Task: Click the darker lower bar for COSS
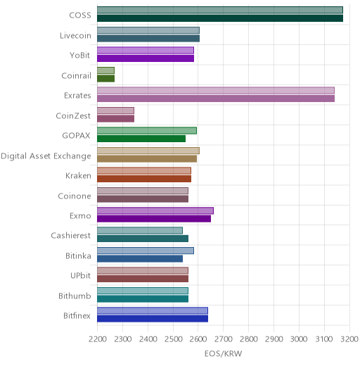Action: point(220,18)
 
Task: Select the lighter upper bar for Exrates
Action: point(216,90)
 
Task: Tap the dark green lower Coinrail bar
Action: point(106,79)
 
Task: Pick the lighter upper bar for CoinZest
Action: point(116,111)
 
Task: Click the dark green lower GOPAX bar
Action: point(141,139)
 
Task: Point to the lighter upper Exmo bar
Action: point(155,210)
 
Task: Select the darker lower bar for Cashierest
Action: point(143,239)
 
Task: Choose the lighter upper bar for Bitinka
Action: point(146,251)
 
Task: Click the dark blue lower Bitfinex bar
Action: point(153,319)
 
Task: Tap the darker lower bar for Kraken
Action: point(144,179)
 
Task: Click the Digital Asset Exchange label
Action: point(46,156)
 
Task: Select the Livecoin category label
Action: point(75,36)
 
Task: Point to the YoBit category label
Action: point(80,56)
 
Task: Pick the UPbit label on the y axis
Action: point(80,275)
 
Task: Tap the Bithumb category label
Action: point(75,296)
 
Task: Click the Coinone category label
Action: point(75,196)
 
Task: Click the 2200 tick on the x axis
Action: point(98,339)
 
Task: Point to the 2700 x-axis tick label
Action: point(224,339)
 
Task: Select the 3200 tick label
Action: point(349,339)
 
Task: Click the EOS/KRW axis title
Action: point(224,353)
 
